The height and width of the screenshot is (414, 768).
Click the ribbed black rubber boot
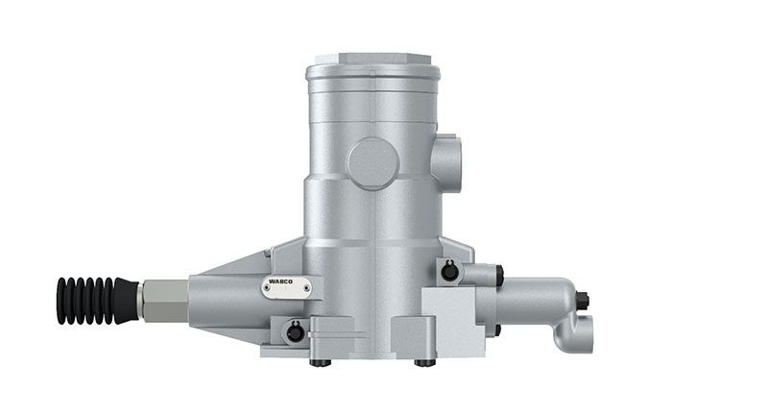pyautogui.click(x=96, y=300)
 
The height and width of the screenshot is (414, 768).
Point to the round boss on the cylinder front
pyautogui.click(x=373, y=162)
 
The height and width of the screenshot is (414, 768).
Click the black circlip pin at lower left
pyautogui.click(x=295, y=332)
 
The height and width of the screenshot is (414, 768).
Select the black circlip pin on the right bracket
pyautogui.click(x=448, y=272)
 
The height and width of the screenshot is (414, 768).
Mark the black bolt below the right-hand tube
pyautogui.click(x=497, y=330)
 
